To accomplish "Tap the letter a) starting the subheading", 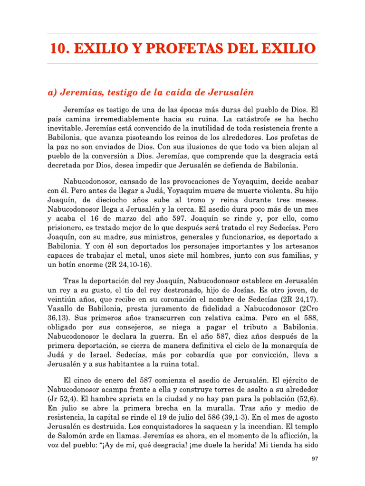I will (x=54, y=91).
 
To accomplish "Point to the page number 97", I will (x=314, y=459).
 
